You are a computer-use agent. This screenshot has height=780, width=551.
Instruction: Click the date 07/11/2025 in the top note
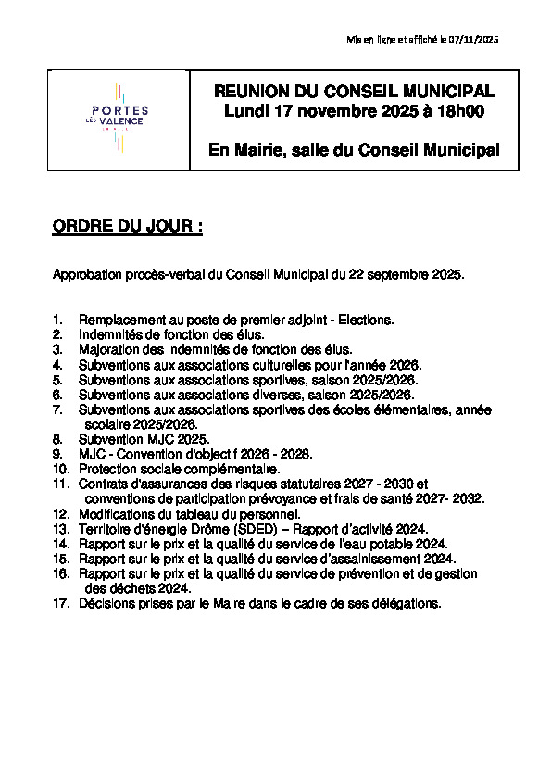coord(474,39)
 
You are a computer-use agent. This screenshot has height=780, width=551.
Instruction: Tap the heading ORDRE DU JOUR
coord(127,228)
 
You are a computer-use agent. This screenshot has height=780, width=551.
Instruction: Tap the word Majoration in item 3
coord(108,349)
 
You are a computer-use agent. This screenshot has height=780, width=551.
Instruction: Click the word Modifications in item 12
coord(118,513)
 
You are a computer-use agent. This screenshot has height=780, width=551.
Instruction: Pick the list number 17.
coord(60,603)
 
